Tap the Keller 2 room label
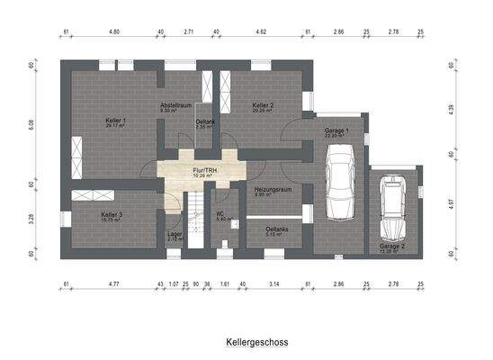(x=263, y=106)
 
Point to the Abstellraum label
(x=175, y=106)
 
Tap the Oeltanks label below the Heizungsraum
(x=277, y=230)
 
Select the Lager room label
(x=175, y=236)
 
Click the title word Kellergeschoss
(x=246, y=343)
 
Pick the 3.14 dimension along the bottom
(x=275, y=284)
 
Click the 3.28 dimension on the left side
(x=32, y=217)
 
